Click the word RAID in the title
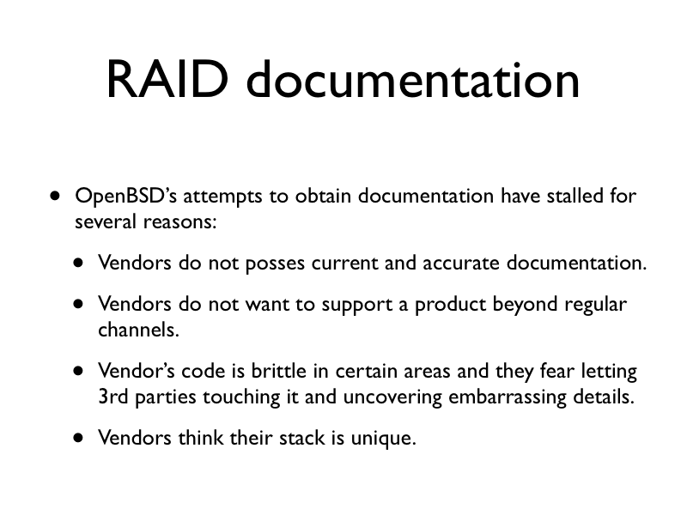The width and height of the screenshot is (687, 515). click(167, 80)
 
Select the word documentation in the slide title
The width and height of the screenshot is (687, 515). click(413, 79)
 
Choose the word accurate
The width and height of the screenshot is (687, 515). click(461, 263)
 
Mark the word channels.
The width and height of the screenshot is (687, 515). click(138, 330)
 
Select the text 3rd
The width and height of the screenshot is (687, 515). click(113, 397)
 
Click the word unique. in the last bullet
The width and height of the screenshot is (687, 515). click(383, 439)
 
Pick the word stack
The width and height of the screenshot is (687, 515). click(302, 438)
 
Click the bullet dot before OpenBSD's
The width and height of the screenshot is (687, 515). click(55, 196)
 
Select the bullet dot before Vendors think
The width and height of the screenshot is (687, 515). click(78, 438)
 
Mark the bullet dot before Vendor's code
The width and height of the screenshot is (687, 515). click(78, 372)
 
